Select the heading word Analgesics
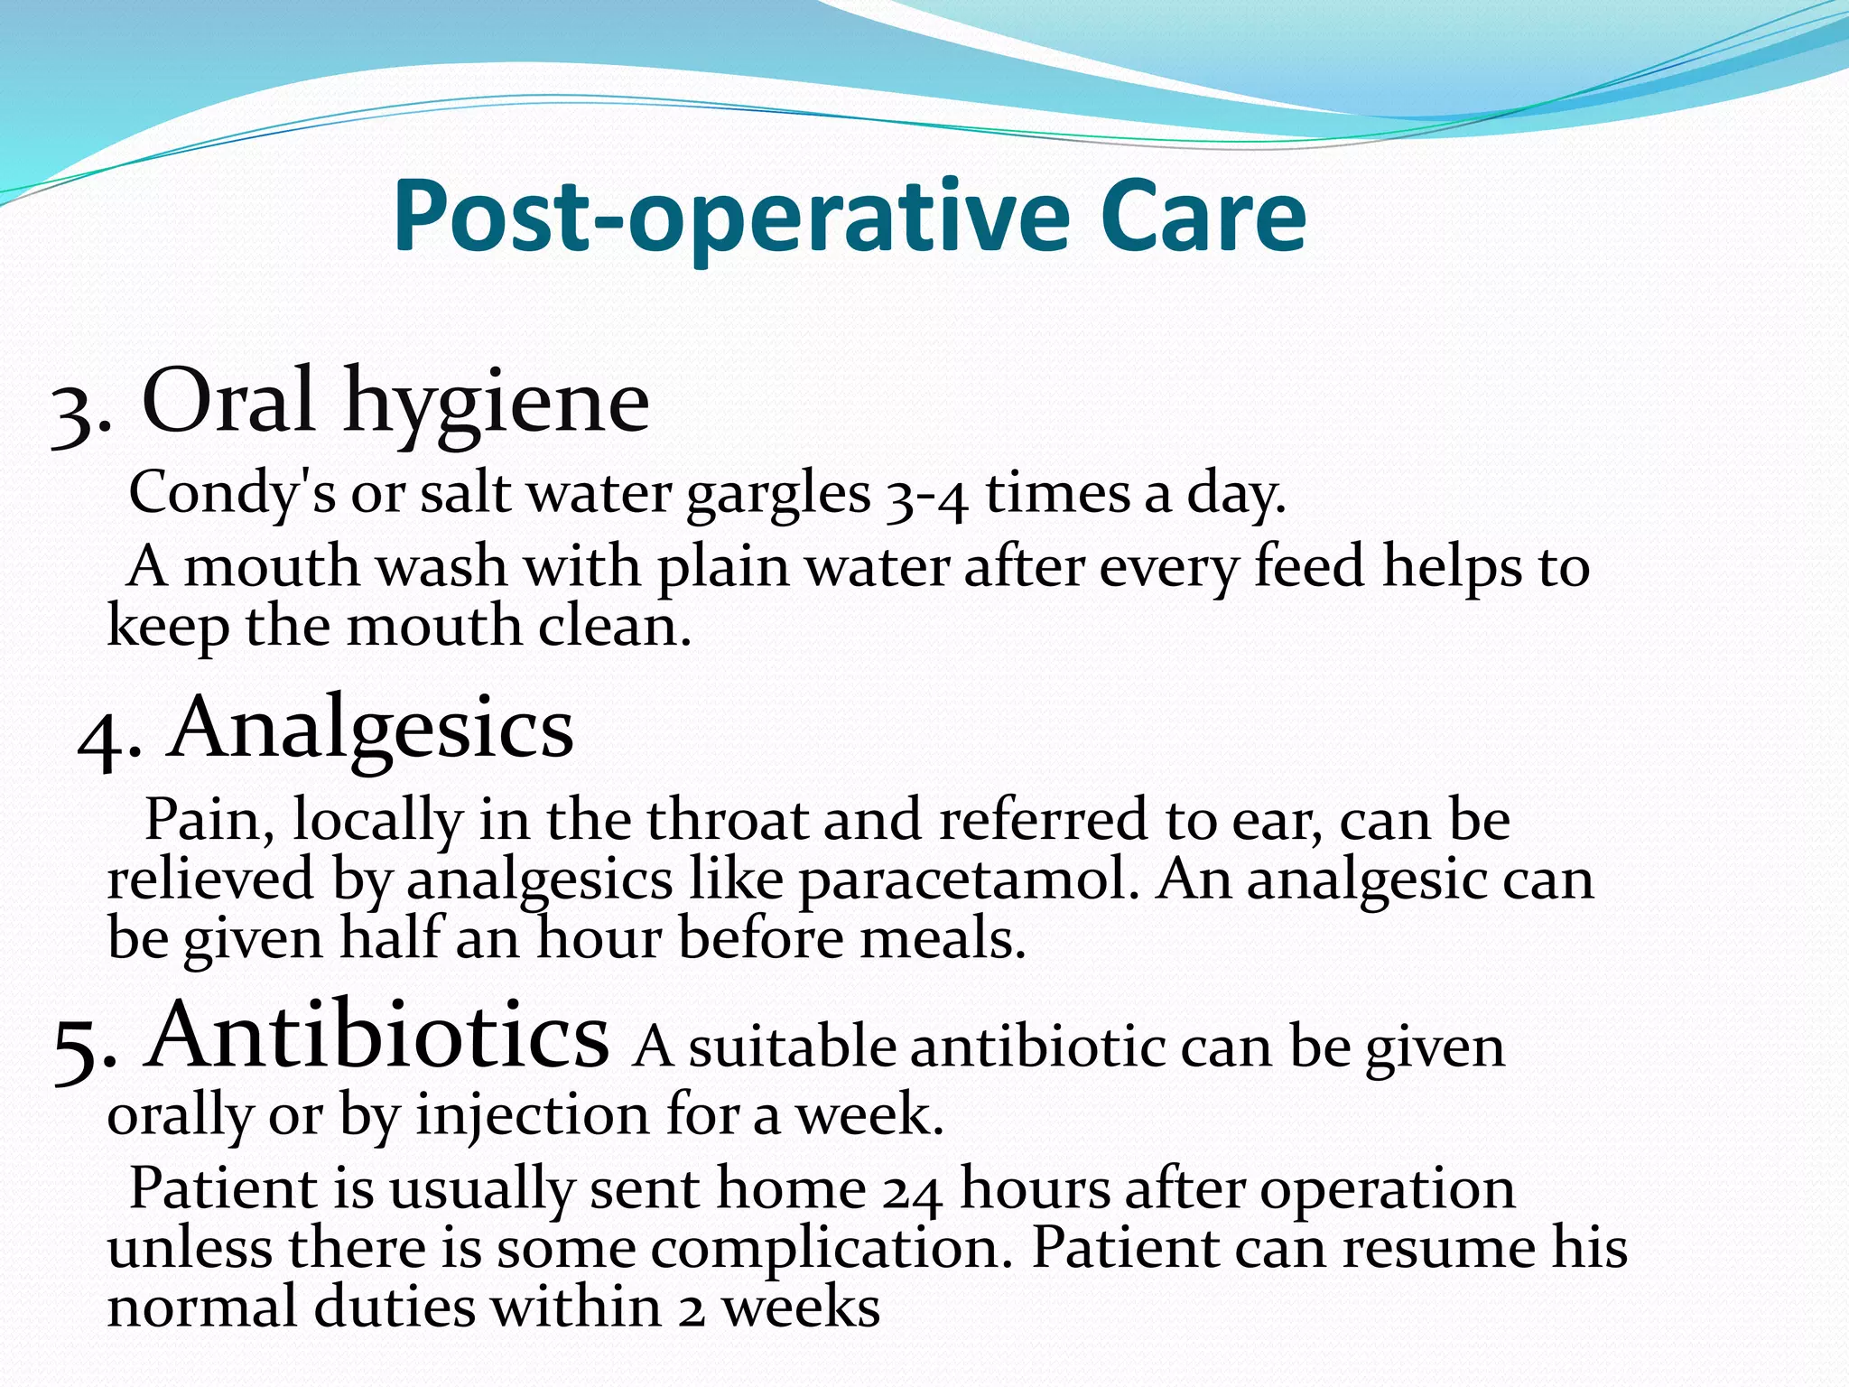tap(371, 730)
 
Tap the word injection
tap(532, 1116)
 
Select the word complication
tap(830, 1251)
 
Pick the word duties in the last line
tap(394, 1308)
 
